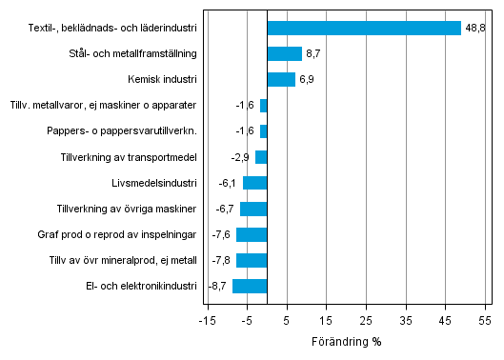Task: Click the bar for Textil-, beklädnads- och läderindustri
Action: coord(364,29)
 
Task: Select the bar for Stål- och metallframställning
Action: coord(284,54)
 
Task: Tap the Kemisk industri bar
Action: coord(281,80)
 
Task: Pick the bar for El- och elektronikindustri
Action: coord(250,286)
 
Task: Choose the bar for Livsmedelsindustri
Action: coord(255,183)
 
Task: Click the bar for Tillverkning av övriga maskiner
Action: coord(253,209)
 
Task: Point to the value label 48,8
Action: coord(475,29)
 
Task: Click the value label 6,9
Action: coord(307,80)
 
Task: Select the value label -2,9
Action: coord(242,157)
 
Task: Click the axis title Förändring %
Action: coord(346,341)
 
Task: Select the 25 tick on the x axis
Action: coord(366,320)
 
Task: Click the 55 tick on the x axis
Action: coord(485,320)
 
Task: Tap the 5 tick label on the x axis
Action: coord(287,320)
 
